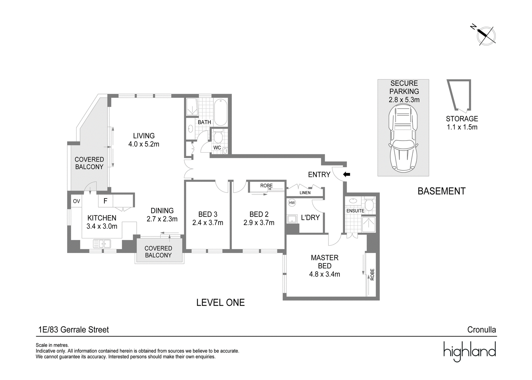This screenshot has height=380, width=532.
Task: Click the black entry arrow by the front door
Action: [347, 175]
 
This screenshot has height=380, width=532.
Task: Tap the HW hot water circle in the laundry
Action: [292, 202]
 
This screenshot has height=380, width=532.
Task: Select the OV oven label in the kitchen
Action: [76, 201]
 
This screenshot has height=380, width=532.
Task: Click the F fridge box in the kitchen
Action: [105, 201]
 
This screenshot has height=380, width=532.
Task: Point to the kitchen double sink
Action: [102, 243]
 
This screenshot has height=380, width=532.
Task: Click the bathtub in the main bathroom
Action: [221, 112]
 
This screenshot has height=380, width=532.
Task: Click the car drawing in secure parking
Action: [404, 139]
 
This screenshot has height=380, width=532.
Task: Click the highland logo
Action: [470, 352]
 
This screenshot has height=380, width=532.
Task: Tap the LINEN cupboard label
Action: [305, 192]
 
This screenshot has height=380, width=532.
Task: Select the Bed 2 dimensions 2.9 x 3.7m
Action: [259, 222]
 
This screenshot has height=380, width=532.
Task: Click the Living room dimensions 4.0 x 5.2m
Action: [144, 144]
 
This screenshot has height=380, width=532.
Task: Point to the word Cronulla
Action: [482, 330]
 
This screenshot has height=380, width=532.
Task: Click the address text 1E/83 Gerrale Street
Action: [73, 330]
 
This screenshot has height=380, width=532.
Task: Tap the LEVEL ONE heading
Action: [220, 303]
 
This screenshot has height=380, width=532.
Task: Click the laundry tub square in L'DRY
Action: [292, 219]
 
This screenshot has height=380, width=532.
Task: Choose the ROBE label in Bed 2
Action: [266, 186]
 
